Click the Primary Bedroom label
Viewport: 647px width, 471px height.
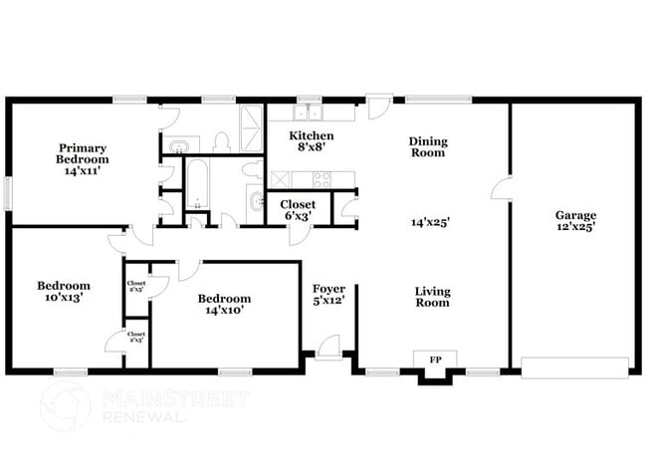83,159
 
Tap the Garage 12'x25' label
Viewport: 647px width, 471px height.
576,221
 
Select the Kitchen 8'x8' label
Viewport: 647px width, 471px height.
311,141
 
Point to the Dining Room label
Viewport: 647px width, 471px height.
428,147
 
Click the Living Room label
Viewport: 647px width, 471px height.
432,297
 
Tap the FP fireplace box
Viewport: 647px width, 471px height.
435,358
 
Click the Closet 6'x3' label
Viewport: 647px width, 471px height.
291,210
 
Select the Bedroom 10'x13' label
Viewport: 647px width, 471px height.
64,291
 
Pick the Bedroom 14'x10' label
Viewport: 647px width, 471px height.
224,304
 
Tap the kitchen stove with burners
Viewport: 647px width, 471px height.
323,179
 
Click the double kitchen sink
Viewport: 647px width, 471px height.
311,113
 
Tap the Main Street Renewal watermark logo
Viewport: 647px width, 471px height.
66,405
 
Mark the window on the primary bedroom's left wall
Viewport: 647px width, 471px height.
8,192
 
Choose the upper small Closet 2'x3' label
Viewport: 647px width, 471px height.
136,286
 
